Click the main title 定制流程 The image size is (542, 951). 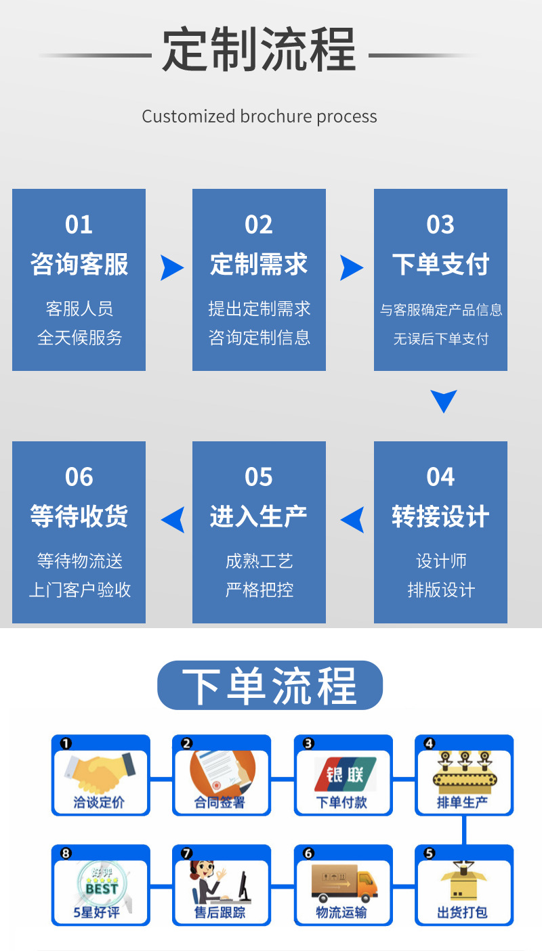(x=259, y=50)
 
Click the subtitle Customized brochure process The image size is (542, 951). (x=259, y=116)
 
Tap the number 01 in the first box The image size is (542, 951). (x=79, y=225)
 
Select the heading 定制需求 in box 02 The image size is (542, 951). (x=259, y=264)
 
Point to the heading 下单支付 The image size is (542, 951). (x=440, y=264)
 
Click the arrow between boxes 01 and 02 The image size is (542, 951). (x=171, y=268)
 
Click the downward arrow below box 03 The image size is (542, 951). (x=443, y=401)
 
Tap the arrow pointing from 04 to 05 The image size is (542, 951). (x=352, y=520)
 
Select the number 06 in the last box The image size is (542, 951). (x=79, y=477)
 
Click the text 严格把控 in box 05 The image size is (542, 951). (x=259, y=590)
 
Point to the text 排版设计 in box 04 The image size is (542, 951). (x=440, y=590)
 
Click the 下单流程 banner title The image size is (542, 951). (x=270, y=686)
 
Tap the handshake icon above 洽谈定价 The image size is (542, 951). (x=100, y=773)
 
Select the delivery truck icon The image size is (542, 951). (x=343, y=883)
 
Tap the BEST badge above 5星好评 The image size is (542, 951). (x=100, y=883)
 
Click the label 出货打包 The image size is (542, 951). (x=463, y=912)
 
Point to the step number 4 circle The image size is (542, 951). (x=429, y=743)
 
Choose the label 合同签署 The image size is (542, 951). (x=220, y=803)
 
